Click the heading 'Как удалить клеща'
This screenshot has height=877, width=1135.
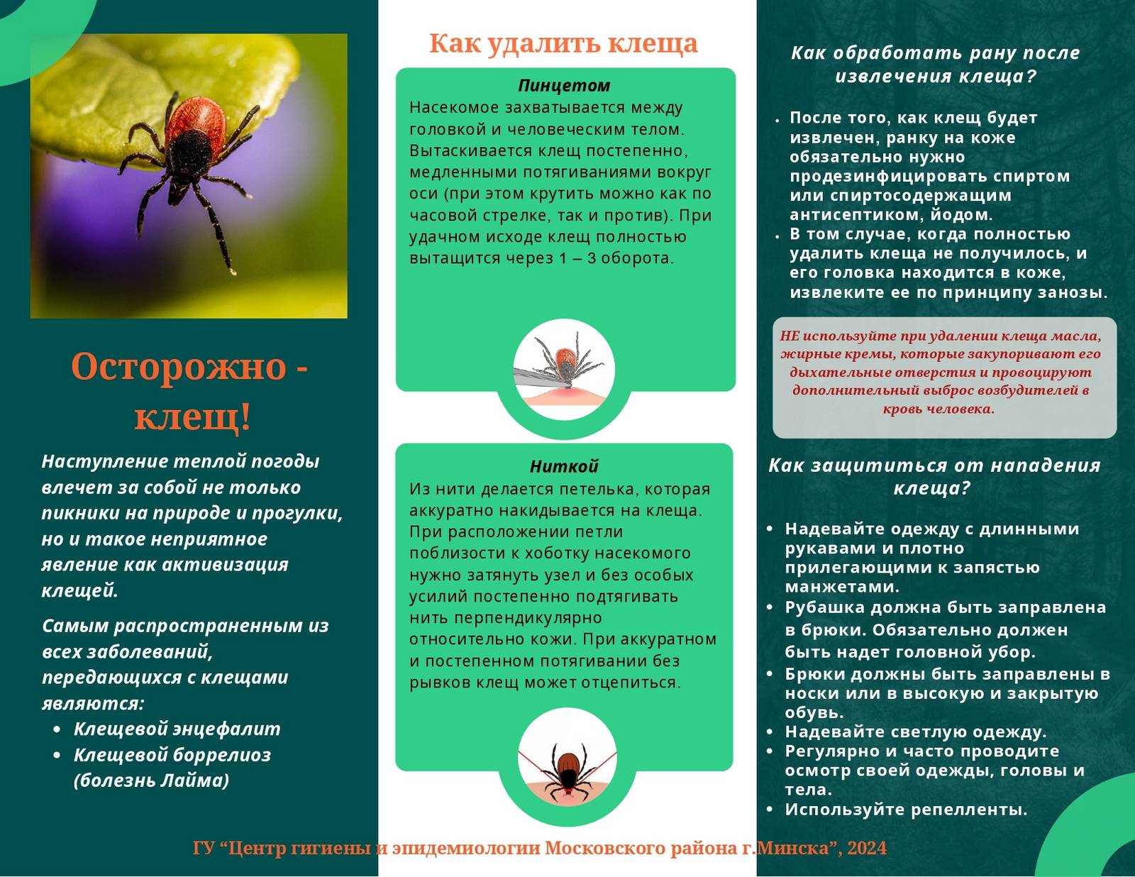coord(563,43)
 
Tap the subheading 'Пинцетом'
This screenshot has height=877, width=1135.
coord(564,85)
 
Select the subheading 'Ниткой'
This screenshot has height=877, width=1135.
coord(564,466)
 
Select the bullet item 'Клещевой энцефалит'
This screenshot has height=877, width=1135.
coord(177,729)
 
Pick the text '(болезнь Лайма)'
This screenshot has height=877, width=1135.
coord(152,781)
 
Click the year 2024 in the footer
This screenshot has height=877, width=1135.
coord(867,848)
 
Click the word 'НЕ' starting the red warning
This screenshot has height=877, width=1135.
coord(790,336)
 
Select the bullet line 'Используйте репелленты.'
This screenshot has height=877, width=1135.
coord(906,809)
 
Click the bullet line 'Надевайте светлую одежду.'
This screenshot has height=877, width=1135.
coord(916,732)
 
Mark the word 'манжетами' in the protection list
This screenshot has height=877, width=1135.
coord(842,587)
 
